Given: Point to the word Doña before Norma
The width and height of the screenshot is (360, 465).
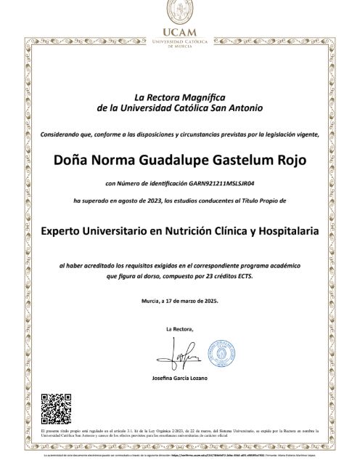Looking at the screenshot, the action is point(70,159).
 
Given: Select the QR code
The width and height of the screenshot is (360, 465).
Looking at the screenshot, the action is point(54,408).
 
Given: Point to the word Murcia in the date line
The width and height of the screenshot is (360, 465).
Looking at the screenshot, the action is point(151,300).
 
